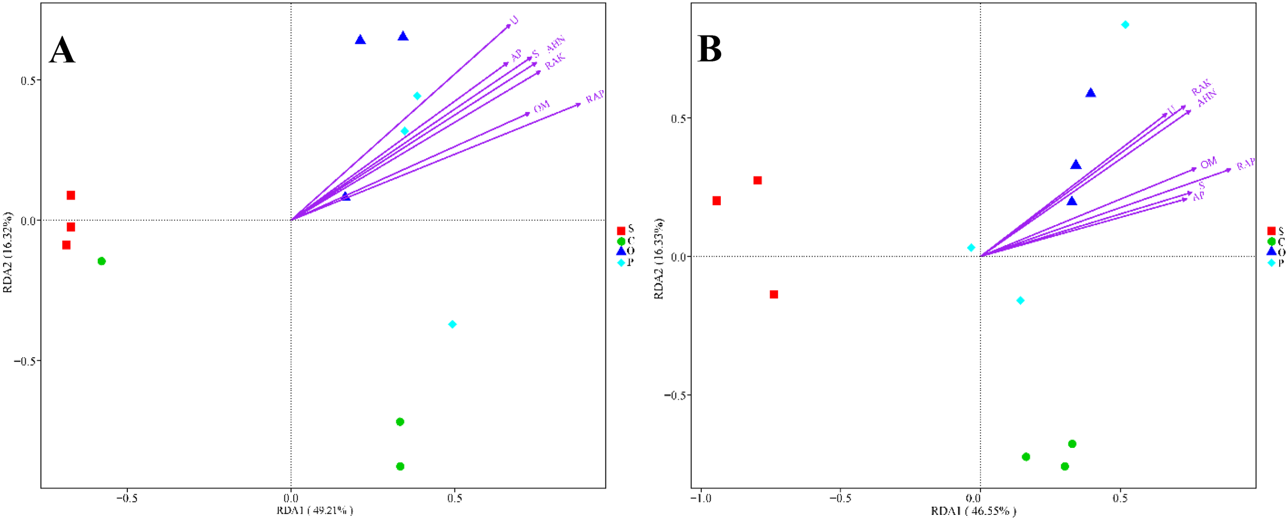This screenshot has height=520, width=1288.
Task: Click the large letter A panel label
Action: (62, 51)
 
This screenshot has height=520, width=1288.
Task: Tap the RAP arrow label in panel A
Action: (595, 96)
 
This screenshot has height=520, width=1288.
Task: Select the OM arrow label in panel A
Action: (541, 107)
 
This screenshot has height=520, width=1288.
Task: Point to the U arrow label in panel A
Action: (514, 21)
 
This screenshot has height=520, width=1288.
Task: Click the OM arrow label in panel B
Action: (1208, 163)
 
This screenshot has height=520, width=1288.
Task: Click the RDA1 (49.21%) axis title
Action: (315, 510)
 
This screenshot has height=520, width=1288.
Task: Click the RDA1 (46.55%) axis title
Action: (973, 511)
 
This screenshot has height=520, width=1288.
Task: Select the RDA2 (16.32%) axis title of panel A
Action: (8, 253)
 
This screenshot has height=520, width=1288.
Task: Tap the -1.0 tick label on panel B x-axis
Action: (701, 498)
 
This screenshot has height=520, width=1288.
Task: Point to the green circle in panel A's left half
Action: (101, 261)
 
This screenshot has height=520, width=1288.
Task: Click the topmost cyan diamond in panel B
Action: (1125, 25)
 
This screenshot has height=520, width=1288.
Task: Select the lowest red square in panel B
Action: (774, 294)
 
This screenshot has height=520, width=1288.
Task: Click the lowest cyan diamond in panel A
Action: (452, 324)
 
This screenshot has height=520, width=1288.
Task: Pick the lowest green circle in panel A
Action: (400, 466)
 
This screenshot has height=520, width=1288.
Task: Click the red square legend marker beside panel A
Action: (621, 231)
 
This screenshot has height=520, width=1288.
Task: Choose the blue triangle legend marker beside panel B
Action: (1271, 251)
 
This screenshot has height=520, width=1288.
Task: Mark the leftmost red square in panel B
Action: (717, 200)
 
